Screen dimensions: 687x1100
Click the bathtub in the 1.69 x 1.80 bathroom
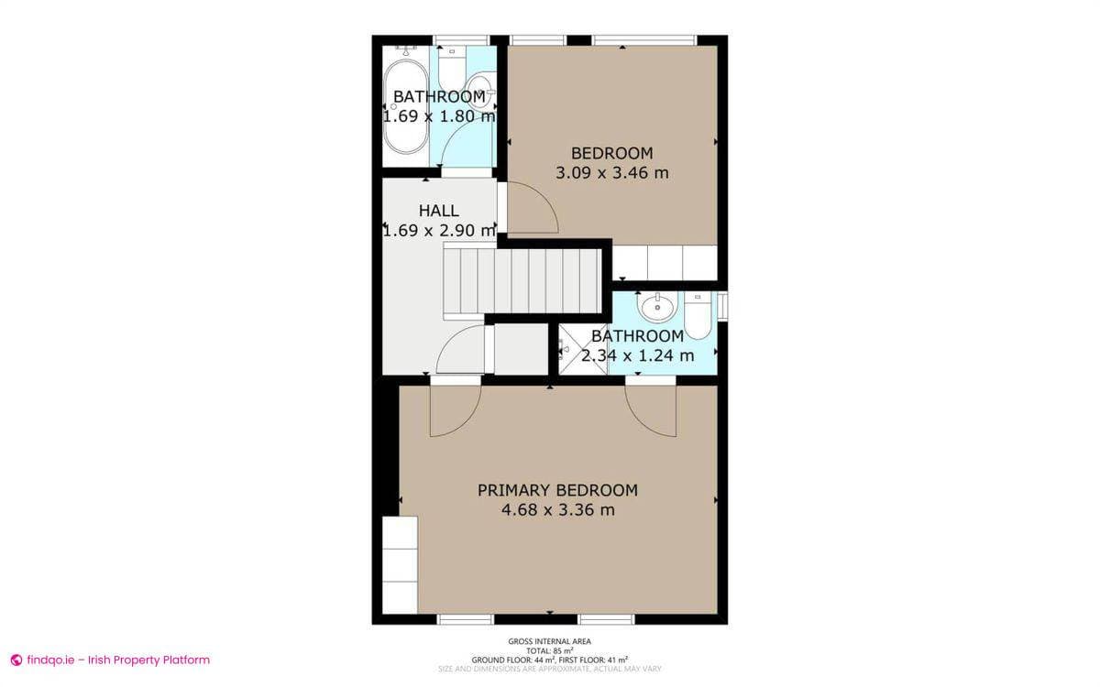(x=404, y=107)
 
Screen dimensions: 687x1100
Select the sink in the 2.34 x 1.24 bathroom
(x=657, y=305)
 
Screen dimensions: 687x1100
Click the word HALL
(x=438, y=211)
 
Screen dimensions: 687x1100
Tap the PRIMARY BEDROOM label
(x=557, y=490)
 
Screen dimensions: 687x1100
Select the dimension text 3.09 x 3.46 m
(x=611, y=171)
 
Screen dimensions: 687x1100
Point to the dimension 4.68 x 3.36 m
(x=557, y=510)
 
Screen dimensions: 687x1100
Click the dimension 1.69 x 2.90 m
(x=438, y=231)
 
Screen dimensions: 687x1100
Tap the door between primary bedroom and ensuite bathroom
(x=652, y=412)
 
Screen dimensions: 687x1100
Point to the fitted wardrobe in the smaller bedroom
(x=664, y=263)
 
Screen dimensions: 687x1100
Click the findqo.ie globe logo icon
(x=16, y=660)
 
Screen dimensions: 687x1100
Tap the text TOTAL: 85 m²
(x=549, y=650)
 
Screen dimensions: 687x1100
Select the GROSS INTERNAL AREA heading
(x=549, y=641)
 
